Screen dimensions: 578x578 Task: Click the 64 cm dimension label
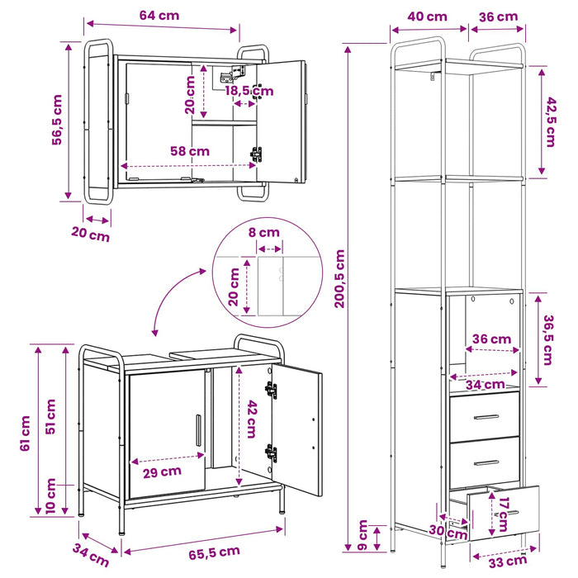159,16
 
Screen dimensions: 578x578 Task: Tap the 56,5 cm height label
57,120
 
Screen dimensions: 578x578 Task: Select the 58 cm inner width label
190,151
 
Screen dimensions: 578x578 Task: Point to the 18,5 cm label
249,91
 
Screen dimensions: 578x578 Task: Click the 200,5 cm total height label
339,279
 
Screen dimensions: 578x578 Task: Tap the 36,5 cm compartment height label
548,340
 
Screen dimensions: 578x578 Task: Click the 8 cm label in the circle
264,233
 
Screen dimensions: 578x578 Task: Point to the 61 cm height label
25,433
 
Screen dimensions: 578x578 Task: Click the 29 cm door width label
162,471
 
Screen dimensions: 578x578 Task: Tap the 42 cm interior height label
252,419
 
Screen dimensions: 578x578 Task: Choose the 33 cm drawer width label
508,561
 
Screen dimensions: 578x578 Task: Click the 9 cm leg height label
362,535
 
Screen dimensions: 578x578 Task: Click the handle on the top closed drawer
486,417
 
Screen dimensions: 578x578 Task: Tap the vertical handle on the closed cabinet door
198,430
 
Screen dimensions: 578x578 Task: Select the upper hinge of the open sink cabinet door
272,390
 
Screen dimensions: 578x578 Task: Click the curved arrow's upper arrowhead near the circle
202,272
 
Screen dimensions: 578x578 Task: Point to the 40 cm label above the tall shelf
427,17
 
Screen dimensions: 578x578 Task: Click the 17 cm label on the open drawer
503,514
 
